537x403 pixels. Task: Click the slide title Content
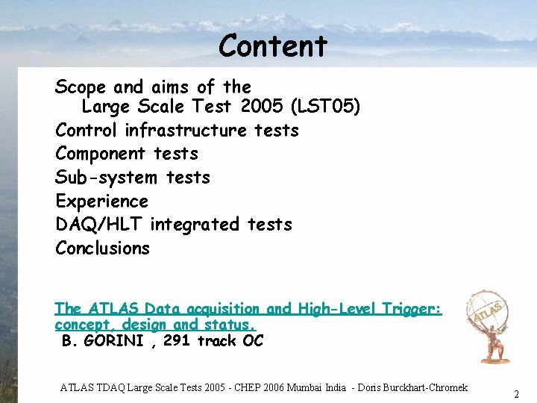click(273, 46)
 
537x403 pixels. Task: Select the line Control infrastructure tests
click(177, 131)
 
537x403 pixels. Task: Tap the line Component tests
click(127, 154)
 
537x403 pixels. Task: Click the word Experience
click(101, 201)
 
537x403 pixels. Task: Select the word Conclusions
click(102, 249)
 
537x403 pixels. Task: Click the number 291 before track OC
click(177, 341)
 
